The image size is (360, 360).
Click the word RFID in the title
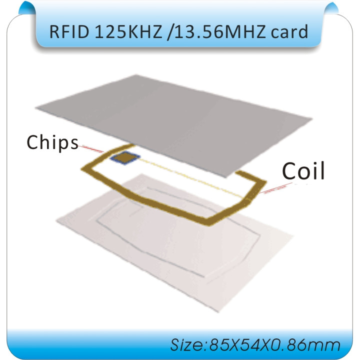69,31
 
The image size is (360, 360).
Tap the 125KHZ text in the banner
128,31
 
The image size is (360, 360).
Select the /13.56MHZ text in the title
216,31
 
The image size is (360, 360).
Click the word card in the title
289,31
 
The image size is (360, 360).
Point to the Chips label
52,142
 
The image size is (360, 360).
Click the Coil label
303,171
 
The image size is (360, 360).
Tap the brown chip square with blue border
125,157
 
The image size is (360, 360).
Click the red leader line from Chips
91,148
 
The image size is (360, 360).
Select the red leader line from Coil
276,188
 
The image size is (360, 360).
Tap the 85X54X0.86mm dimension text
274,345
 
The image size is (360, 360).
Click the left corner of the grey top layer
36,107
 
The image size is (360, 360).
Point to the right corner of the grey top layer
312,118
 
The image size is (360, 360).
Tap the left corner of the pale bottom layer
56,221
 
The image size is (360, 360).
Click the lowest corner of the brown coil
209,225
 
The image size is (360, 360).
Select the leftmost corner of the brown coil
81,169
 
